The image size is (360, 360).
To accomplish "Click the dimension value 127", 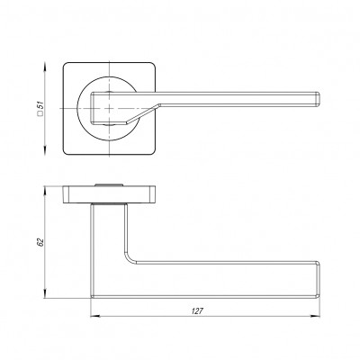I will pos(196,310).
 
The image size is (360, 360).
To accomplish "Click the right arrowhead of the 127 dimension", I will pos(319,316).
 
